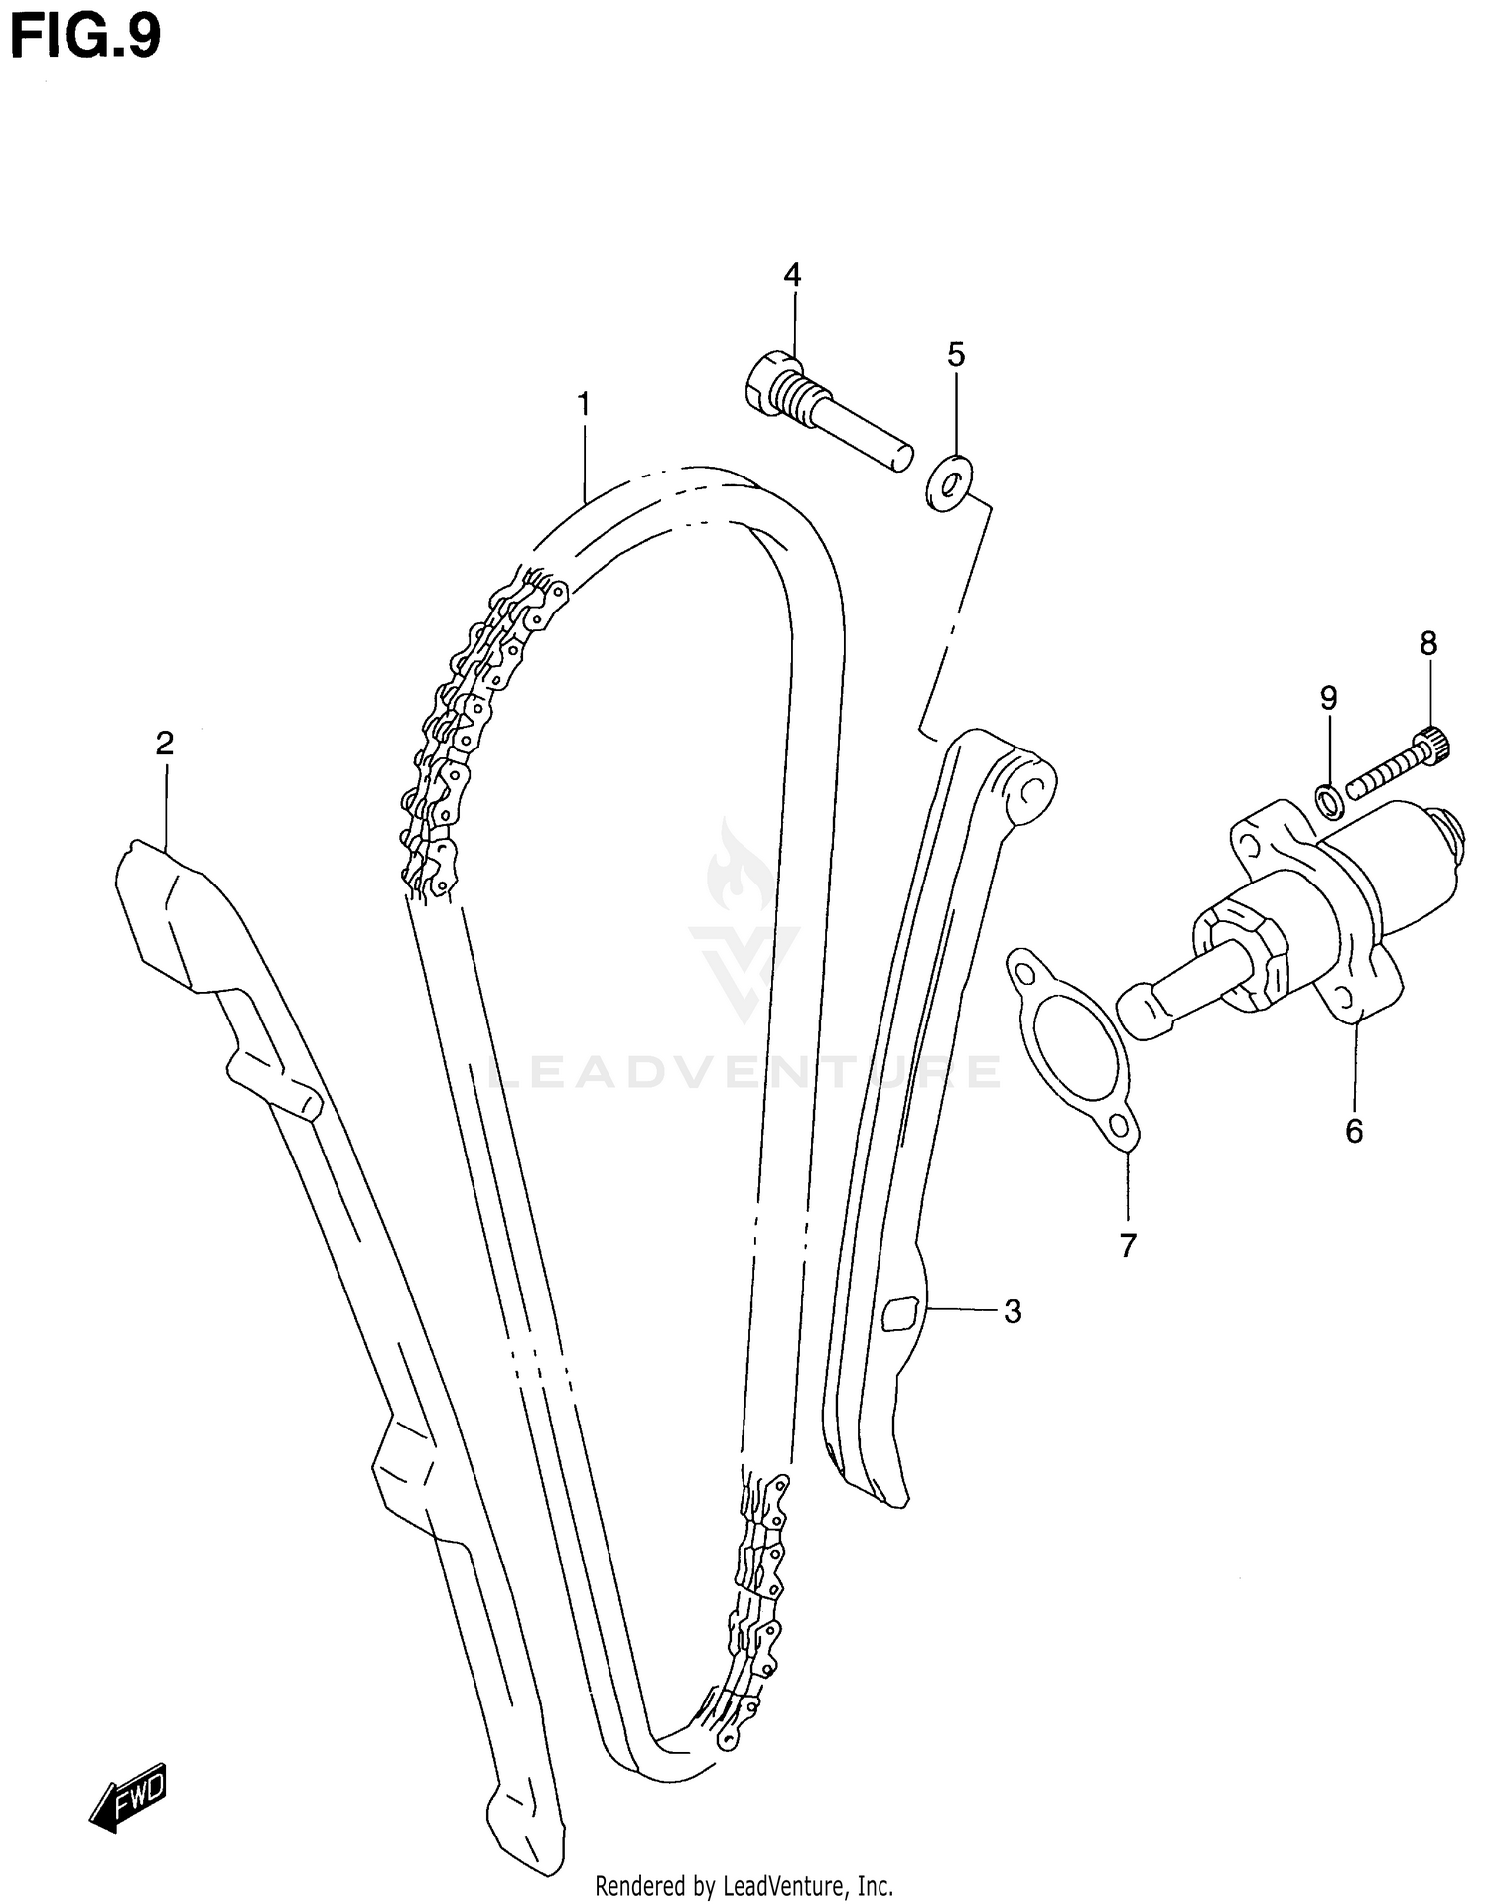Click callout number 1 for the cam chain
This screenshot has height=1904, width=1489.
(x=584, y=405)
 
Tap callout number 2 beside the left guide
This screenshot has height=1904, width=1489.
(x=165, y=743)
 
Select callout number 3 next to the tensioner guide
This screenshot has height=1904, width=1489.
(x=1012, y=1311)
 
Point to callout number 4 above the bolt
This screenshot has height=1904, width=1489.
(x=791, y=275)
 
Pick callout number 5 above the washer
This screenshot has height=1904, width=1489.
(x=955, y=354)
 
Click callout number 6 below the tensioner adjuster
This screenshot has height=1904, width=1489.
(x=1354, y=1130)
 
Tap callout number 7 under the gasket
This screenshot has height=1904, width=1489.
(x=1127, y=1245)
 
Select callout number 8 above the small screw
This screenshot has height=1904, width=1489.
(x=1427, y=644)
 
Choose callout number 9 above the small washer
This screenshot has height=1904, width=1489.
(x=1328, y=698)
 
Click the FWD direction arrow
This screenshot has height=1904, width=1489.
(x=129, y=1796)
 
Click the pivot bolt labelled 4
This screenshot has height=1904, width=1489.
(x=824, y=417)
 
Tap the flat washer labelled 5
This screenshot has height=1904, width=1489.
(x=950, y=483)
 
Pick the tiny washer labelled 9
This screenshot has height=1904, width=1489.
(x=1329, y=801)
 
